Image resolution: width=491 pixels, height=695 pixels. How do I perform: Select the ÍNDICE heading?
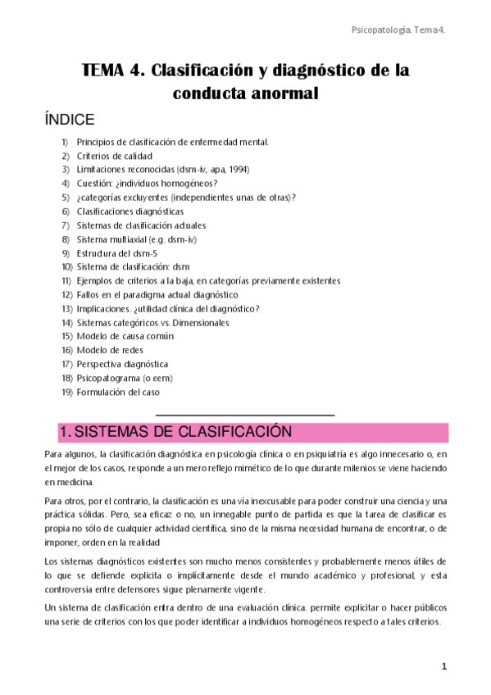(x=71, y=120)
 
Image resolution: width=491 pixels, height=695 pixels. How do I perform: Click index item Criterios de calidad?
(x=115, y=156)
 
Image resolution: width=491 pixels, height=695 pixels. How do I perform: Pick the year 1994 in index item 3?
(x=239, y=170)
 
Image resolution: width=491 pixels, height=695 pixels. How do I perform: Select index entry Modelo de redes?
(x=110, y=351)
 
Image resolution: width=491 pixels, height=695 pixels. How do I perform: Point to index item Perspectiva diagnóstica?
(x=123, y=365)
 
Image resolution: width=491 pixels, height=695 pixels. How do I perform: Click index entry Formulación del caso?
(x=118, y=393)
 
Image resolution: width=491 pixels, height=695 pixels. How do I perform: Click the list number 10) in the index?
(x=67, y=267)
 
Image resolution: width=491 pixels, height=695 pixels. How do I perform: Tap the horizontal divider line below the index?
(x=244, y=416)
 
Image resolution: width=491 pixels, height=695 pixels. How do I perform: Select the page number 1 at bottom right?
(x=443, y=666)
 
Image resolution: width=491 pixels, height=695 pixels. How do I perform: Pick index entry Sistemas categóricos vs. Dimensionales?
(x=153, y=323)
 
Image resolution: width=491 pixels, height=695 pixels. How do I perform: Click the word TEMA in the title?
(x=108, y=70)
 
